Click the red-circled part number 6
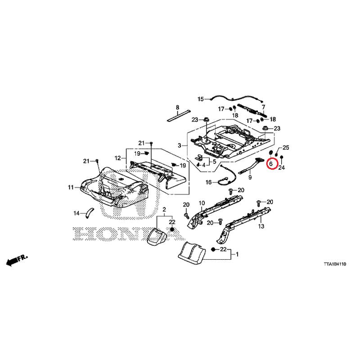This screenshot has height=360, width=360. pyautogui.click(x=271, y=164)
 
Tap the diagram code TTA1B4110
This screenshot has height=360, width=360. pyautogui.click(x=335, y=264)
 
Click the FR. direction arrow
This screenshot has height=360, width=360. pyautogui.click(x=17, y=260)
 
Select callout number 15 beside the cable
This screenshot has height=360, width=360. pyautogui.click(x=201, y=99)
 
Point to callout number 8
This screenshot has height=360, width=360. pyautogui.click(x=177, y=107)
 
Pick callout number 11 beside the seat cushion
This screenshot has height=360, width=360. pyautogui.click(x=71, y=187)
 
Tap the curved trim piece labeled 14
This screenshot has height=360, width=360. pyautogui.click(x=90, y=212)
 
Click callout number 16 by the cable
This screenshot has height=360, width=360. pyautogui.click(x=208, y=183)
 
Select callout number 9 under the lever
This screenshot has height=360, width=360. pyautogui.click(x=250, y=177)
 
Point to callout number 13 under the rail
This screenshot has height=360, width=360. pyautogui.click(x=261, y=226)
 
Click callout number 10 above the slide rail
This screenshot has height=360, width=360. pyautogui.click(x=202, y=203)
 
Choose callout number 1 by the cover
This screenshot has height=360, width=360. pyautogui.click(x=237, y=254)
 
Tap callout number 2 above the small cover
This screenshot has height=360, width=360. pyautogui.click(x=164, y=209)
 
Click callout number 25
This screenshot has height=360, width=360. pyautogui.click(x=286, y=148)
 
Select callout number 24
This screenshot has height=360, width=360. pyautogui.click(x=282, y=168)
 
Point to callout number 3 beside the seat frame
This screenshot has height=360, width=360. pyautogui.click(x=180, y=145)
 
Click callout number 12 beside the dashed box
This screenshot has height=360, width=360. pyautogui.click(x=117, y=158)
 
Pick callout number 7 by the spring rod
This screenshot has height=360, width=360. pyautogui.click(x=263, y=107)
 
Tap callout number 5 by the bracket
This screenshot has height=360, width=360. pyautogui.click(x=215, y=162)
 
